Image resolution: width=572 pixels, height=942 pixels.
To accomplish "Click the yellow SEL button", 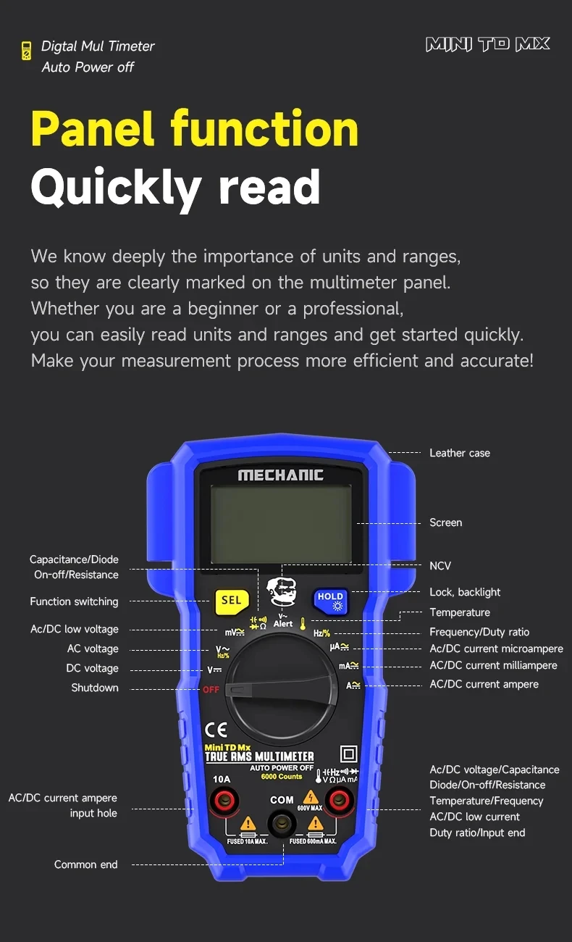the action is (231, 601).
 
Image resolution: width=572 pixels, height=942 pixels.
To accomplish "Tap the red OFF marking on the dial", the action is (211, 689).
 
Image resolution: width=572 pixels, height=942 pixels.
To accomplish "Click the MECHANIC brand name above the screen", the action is (281, 475).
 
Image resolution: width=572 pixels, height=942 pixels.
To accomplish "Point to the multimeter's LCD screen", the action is (281, 524).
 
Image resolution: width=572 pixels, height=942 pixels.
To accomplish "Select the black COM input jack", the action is (282, 824).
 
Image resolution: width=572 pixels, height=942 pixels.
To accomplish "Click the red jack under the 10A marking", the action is (222, 801).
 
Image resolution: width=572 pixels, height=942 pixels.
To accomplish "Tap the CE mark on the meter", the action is (216, 729).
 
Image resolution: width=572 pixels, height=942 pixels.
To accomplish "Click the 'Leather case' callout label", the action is (459, 453).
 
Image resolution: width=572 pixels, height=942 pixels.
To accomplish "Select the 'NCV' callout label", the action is (440, 566).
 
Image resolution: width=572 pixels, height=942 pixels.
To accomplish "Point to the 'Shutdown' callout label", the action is (94, 688).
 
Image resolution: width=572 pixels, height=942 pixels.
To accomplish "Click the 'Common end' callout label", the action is (85, 864).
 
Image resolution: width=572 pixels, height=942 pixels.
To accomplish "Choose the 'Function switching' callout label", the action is (74, 601).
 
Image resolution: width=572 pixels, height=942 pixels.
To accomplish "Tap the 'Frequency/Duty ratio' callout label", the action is (479, 632).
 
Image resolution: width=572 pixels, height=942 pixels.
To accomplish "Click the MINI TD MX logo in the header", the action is (488, 45).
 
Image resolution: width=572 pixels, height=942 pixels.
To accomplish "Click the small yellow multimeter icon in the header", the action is (26, 51).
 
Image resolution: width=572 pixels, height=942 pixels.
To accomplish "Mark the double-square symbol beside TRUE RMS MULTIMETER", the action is (348, 753).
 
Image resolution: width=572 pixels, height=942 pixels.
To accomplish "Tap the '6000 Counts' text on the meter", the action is (282, 777).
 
